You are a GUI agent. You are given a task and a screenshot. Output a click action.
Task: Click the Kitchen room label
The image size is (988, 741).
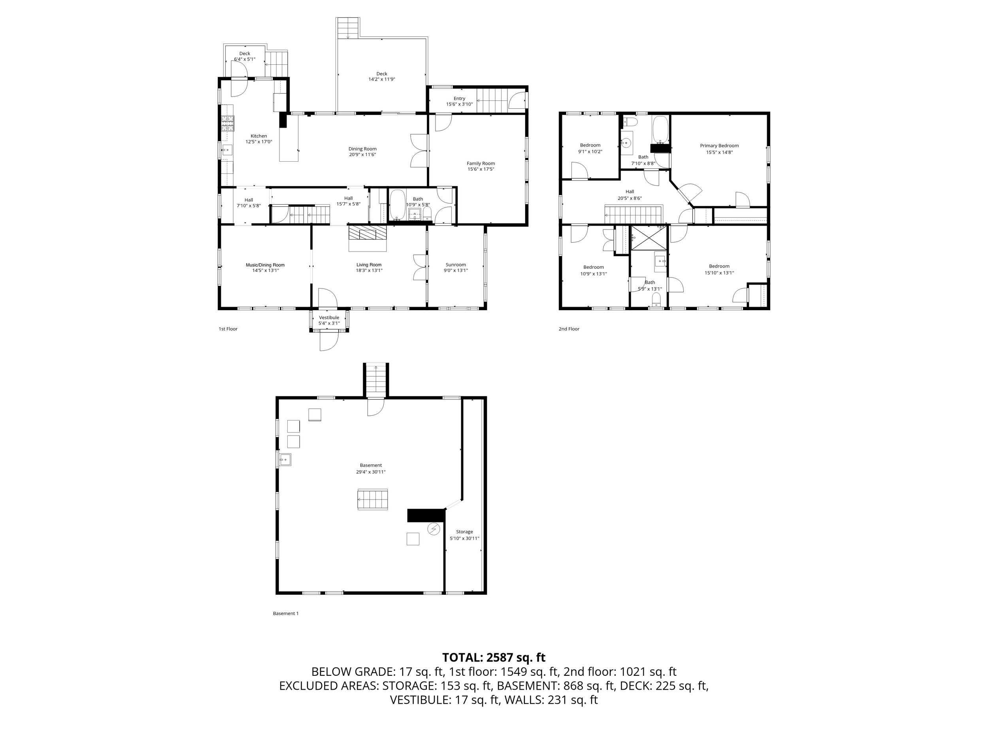[258, 136]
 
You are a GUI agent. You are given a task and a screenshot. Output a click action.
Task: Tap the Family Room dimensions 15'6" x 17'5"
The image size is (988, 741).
[481, 169]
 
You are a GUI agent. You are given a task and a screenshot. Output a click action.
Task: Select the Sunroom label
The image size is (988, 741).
[456, 264]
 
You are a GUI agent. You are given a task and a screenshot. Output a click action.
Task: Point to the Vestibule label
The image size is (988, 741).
[329, 318]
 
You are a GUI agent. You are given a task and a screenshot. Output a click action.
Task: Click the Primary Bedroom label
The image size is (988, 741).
[719, 145]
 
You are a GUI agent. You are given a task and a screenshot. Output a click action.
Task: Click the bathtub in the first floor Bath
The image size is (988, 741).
[398, 206]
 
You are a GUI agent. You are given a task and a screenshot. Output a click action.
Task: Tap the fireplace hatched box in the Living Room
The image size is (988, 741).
[367, 233]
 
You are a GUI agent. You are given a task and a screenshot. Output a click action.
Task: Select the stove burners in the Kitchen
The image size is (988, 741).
[227, 123]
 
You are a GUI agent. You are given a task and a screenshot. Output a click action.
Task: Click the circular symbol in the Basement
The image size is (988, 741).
[433, 529]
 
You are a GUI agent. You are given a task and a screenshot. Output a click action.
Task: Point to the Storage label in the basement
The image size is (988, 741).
[464, 532]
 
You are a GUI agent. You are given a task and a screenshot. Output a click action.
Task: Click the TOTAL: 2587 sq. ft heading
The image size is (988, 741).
[494, 658]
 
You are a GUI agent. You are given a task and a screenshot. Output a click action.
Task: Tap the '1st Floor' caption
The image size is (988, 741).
[228, 329]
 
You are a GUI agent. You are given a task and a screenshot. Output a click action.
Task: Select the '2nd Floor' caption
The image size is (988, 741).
[569, 329]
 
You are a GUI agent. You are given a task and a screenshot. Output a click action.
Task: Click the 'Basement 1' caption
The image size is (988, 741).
[285, 613]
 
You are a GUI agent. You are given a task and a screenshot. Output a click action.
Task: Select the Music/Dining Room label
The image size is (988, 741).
[265, 265]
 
